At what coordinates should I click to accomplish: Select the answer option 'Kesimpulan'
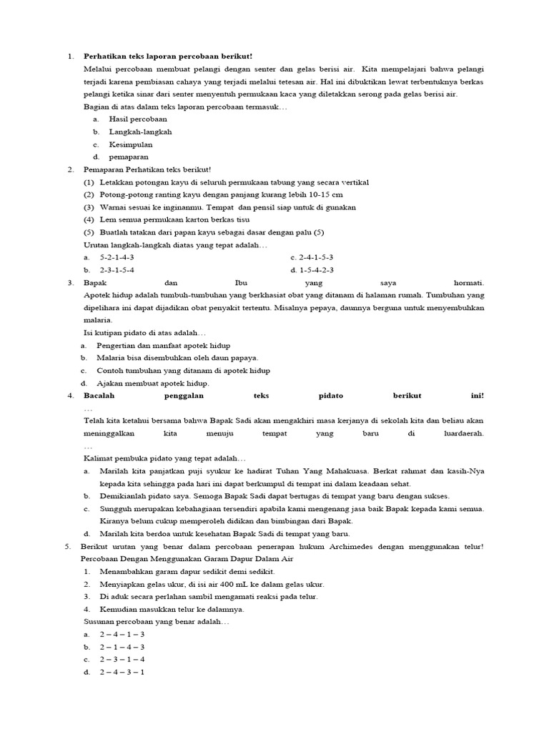point(131,144)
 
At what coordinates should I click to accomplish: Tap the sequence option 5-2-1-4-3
point(117,257)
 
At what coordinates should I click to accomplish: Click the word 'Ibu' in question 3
point(240,282)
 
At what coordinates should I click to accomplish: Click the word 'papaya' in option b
point(242,357)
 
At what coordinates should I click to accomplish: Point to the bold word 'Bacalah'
point(99,395)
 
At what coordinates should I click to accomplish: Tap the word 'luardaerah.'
point(463,433)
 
